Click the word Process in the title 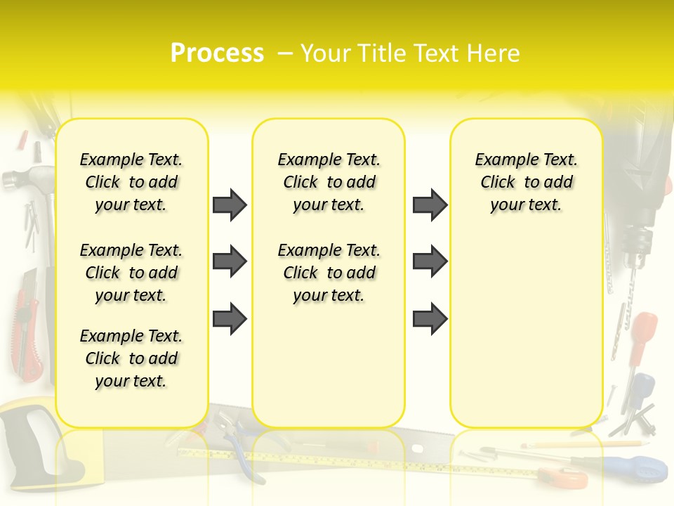coord(217,53)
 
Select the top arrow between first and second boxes coord(230,205)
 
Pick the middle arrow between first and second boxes coord(230,261)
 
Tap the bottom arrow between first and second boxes coord(230,318)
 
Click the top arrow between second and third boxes coord(430,205)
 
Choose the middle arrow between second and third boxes coord(430,261)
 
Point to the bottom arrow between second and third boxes coord(430,318)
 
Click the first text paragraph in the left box coord(131,182)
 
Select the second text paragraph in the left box coord(131,273)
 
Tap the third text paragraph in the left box coord(131,358)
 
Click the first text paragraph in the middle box coord(329,182)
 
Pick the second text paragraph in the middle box coord(329,273)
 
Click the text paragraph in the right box coord(526,182)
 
